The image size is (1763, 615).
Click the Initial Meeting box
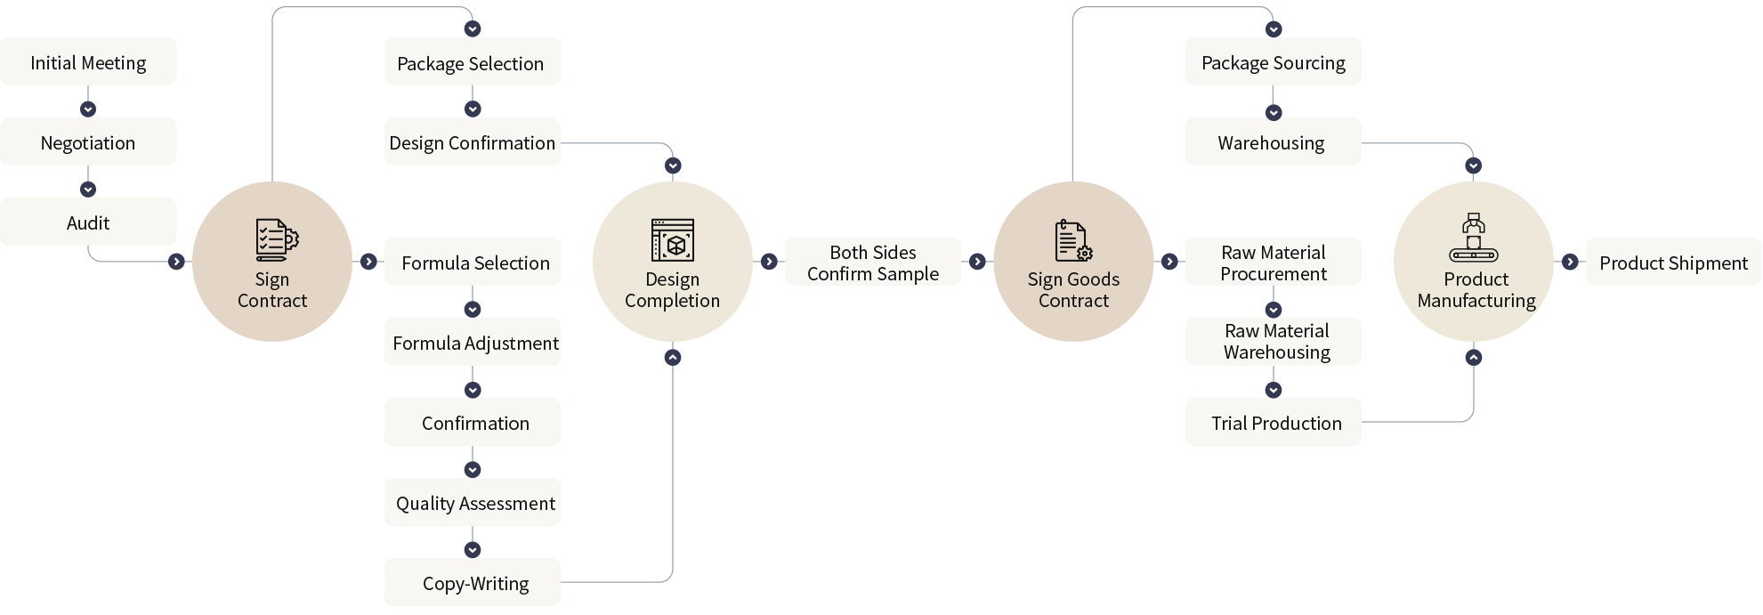(x=88, y=61)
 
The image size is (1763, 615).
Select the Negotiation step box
(x=88, y=142)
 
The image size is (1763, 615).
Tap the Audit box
(x=88, y=222)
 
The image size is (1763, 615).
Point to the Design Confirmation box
(x=472, y=142)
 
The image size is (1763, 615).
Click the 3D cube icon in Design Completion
(x=673, y=240)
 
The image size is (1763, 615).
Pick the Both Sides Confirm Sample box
(x=872, y=262)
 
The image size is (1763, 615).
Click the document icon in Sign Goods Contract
(x=1072, y=240)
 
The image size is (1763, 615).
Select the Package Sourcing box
(x=1273, y=61)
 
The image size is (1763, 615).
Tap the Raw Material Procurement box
(x=1273, y=262)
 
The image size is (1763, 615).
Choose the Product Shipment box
(x=1673, y=262)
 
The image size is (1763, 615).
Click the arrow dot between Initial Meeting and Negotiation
(x=88, y=109)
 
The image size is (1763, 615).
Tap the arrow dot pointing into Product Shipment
(x=1570, y=262)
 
